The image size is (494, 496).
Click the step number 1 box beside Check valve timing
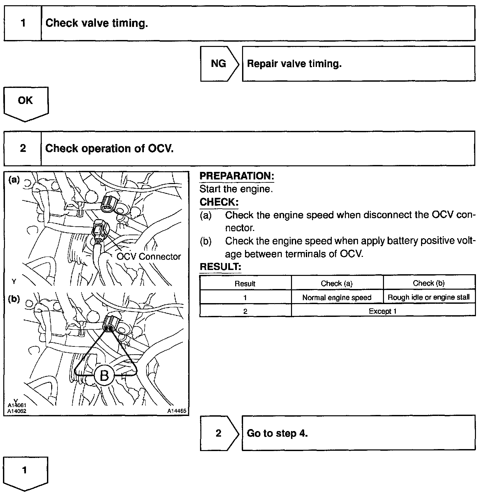point(23,23)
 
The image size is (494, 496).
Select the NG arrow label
point(218,64)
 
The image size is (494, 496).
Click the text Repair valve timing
point(294,64)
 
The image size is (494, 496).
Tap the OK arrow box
point(25,101)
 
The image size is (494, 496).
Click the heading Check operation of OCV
point(109,149)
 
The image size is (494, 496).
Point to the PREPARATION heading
point(236,176)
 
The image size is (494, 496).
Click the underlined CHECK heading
point(219,202)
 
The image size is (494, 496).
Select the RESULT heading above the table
point(220,267)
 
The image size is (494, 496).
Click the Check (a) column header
point(337,283)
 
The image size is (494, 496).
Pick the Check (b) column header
point(429,283)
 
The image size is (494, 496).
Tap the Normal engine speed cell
point(337,298)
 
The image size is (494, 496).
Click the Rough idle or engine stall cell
point(429,298)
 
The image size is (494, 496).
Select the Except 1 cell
point(383,311)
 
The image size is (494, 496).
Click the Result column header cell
point(245,283)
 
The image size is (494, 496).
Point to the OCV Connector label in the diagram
point(148,257)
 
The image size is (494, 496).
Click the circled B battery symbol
point(104,375)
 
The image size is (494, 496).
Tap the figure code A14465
point(176,411)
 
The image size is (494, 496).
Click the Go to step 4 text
point(277,433)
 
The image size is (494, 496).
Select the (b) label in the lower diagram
point(14,299)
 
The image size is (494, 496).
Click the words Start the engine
point(236,189)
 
